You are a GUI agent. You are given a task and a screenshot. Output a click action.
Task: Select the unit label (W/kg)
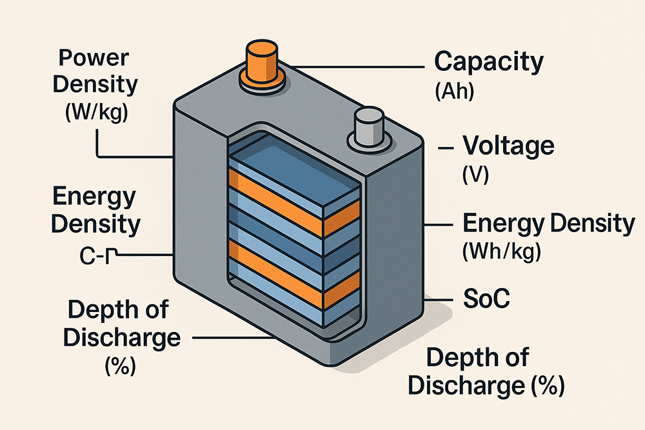click(96, 111)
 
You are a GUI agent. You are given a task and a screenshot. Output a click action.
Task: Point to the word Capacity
click(489, 63)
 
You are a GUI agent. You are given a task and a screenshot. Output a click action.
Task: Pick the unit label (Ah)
click(455, 92)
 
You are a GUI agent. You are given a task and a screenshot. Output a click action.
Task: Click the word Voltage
click(508, 146)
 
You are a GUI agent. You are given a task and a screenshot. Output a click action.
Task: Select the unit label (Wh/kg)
click(502, 251)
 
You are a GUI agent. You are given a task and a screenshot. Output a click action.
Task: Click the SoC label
click(486, 298)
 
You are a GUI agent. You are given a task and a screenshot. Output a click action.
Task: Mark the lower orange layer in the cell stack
click(294, 275)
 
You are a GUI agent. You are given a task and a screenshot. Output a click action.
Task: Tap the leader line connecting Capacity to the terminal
click(356, 66)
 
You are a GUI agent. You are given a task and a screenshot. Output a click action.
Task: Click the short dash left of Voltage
click(446, 148)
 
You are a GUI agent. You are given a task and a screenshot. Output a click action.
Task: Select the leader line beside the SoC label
click(439, 300)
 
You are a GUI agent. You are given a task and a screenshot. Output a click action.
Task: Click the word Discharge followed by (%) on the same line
click(466, 386)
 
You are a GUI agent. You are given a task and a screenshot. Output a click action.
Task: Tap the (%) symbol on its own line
click(120, 365)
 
